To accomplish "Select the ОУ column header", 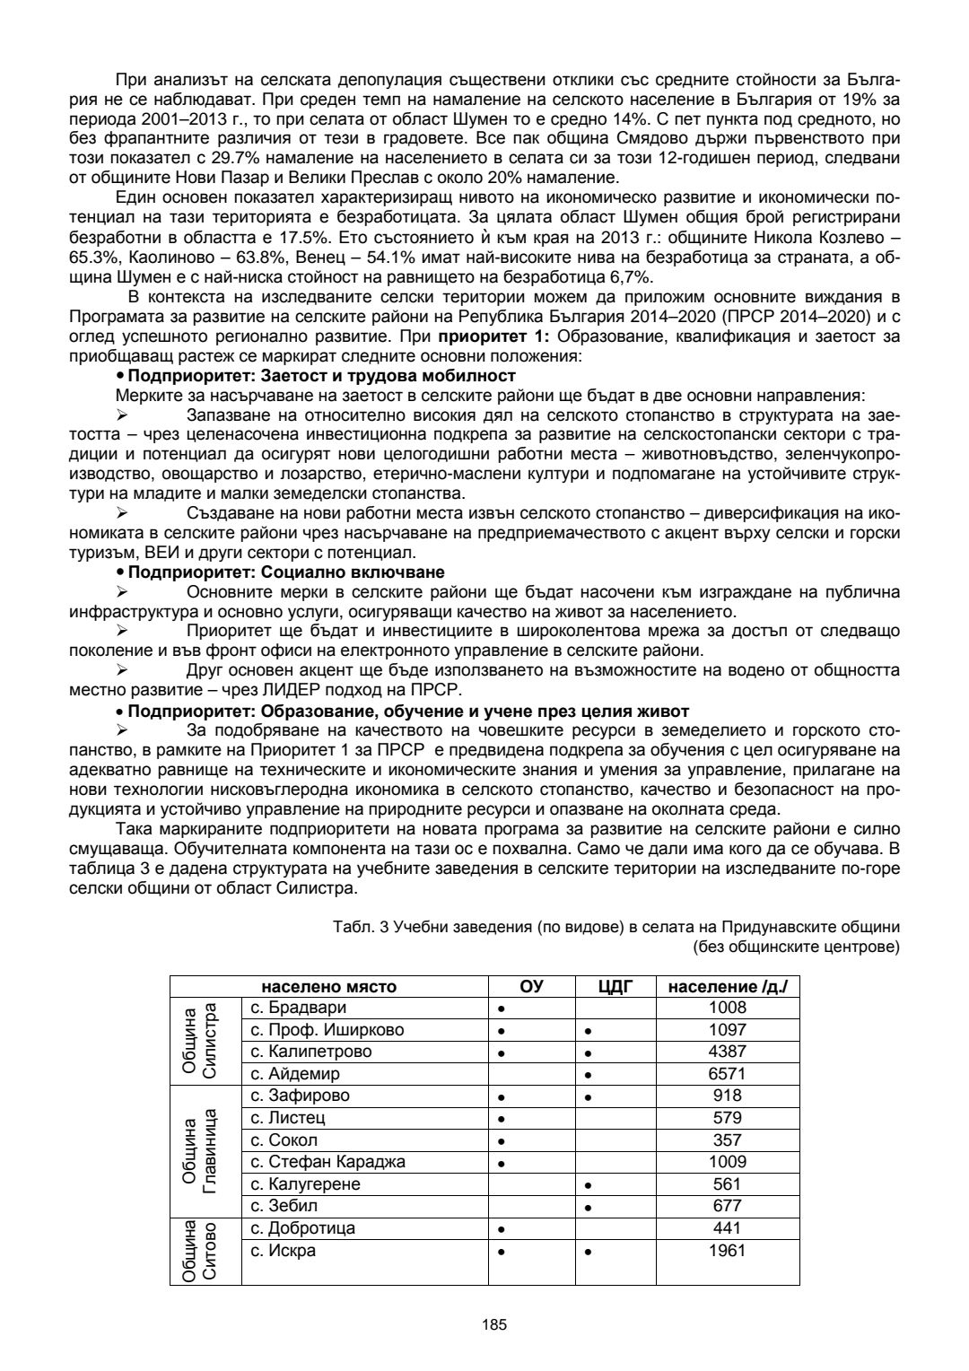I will [x=532, y=987].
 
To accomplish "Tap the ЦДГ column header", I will [x=616, y=987].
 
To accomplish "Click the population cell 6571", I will [x=727, y=1074].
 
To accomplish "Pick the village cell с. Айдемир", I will [x=295, y=1074].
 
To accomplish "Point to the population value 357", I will [x=727, y=1140].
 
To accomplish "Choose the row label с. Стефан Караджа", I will [x=328, y=1162].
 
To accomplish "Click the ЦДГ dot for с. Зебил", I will [x=587, y=1208].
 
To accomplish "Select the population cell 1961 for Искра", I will [x=727, y=1251].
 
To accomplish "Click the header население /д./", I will [x=727, y=987].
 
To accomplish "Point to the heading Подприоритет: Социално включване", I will [x=286, y=572].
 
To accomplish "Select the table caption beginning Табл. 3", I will [x=615, y=928].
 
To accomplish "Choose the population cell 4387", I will [x=727, y=1052].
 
